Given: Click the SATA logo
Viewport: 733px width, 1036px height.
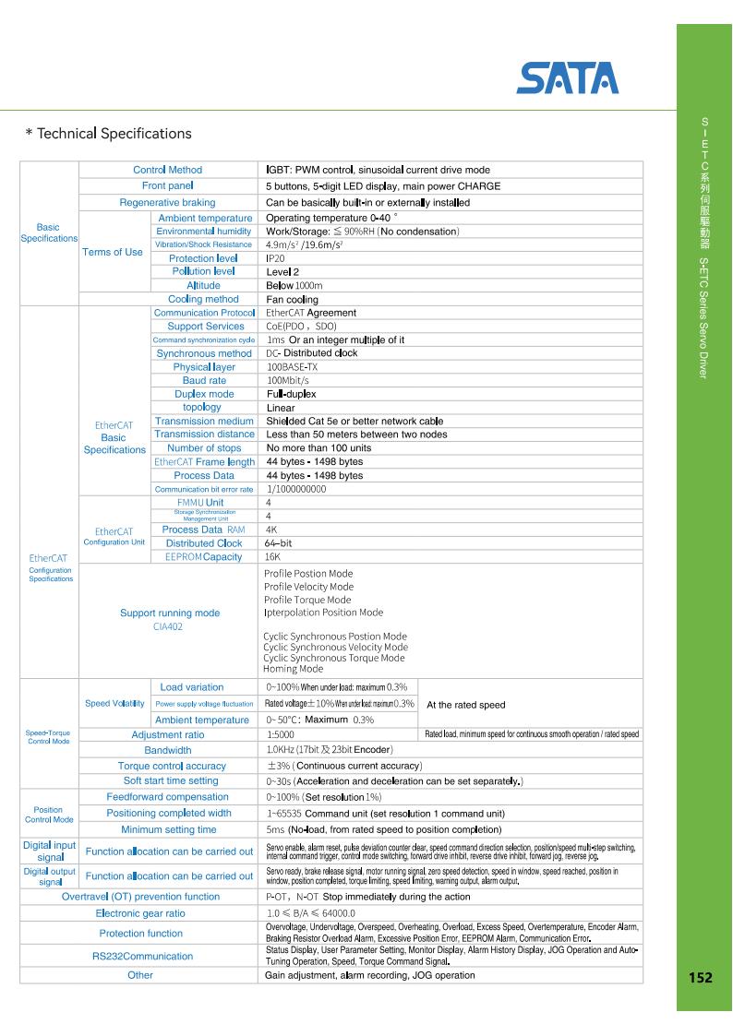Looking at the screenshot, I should [x=567, y=78].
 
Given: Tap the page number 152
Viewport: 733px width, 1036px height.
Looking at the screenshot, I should [x=703, y=976].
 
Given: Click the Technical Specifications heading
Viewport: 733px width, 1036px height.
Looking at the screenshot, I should [x=108, y=134].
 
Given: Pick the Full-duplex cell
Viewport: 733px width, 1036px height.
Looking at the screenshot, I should [x=291, y=394].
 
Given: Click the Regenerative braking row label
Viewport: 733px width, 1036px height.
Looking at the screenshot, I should [x=167, y=202].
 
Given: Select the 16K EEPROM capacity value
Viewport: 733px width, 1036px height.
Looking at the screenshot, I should [x=273, y=557].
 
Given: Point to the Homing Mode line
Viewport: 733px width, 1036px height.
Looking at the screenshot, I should [x=293, y=669].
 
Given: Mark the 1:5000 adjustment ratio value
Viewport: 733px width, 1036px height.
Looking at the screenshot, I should [x=282, y=734].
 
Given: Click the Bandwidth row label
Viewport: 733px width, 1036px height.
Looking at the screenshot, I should [x=167, y=750].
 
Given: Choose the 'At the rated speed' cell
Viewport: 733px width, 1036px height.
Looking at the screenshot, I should [x=465, y=705].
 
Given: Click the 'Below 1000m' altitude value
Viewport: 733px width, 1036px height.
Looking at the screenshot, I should [x=294, y=286].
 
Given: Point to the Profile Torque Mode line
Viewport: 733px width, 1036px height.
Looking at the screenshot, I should [x=307, y=600].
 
